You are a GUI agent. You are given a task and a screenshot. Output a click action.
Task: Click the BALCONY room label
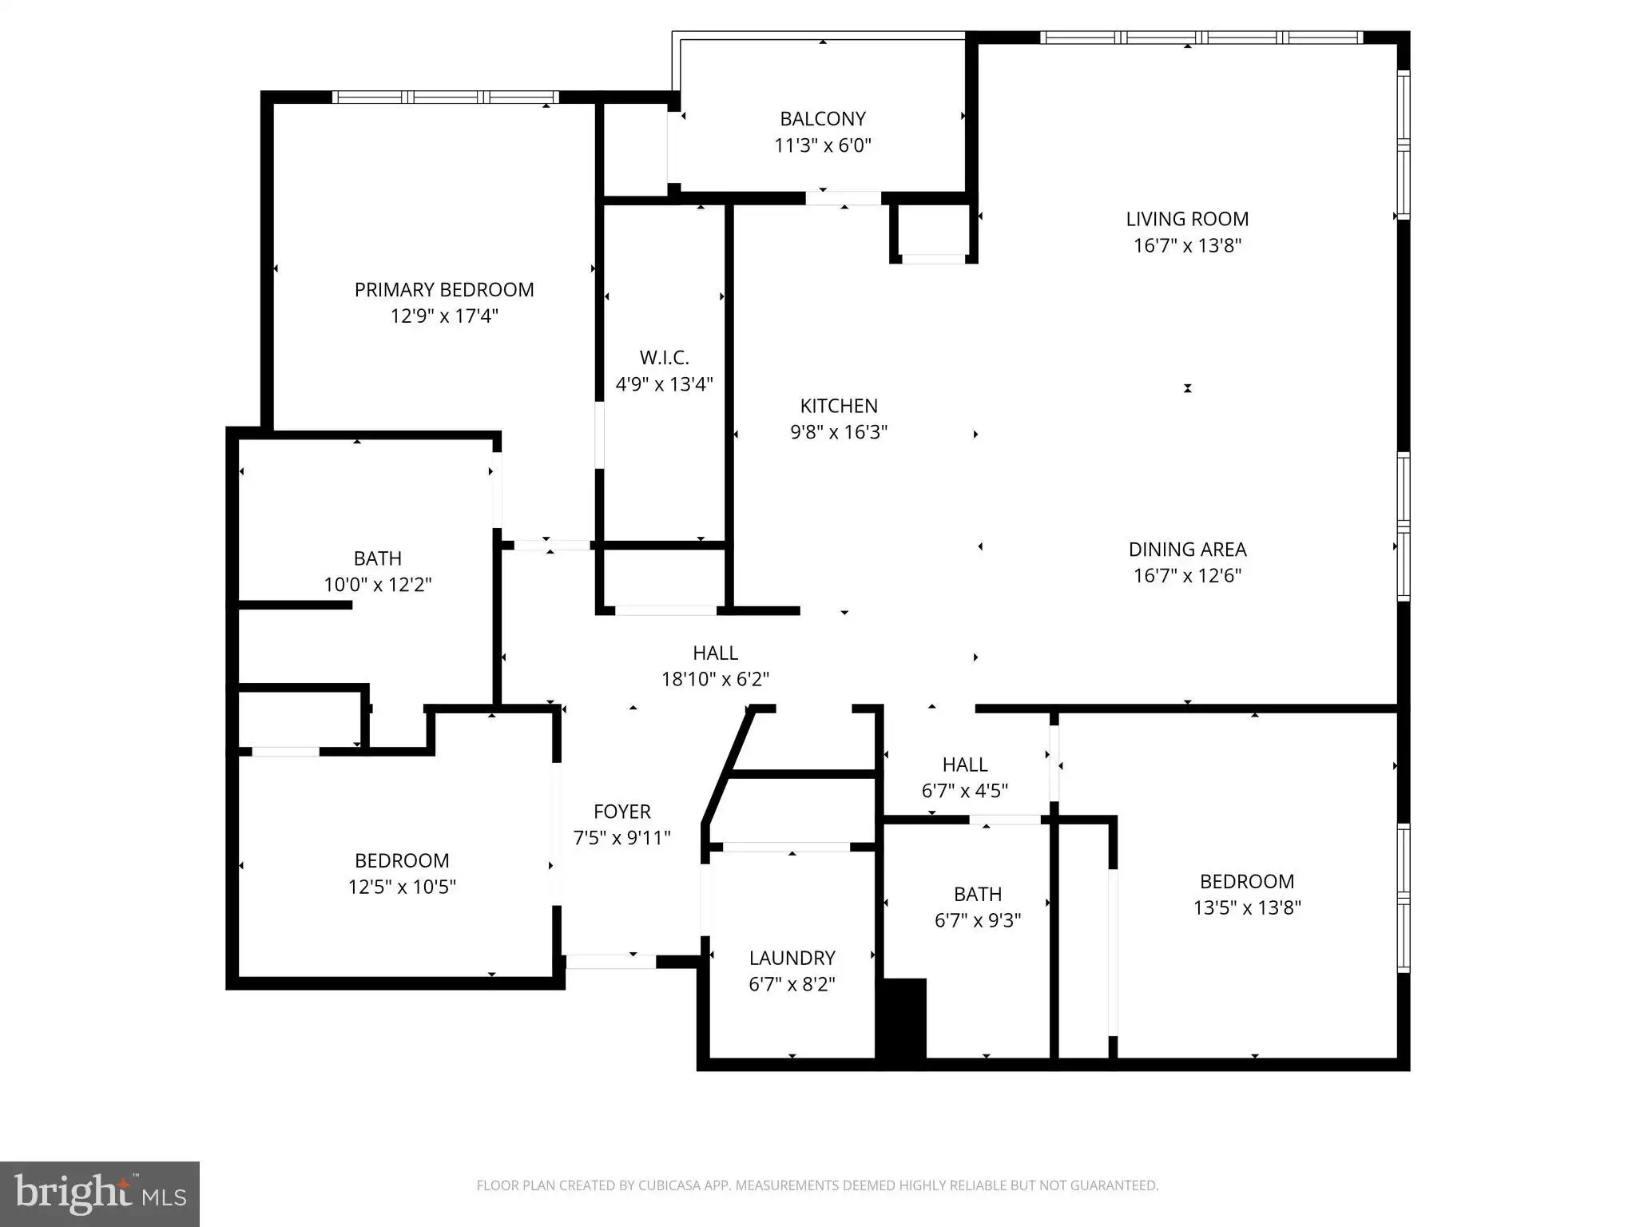click(x=823, y=118)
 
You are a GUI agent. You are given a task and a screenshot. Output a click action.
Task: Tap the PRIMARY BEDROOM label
click(x=444, y=289)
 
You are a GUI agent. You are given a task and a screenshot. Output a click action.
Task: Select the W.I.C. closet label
click(x=664, y=357)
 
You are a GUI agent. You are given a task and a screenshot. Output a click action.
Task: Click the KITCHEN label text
click(x=839, y=405)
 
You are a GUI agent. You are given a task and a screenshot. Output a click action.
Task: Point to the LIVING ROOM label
click(x=1187, y=218)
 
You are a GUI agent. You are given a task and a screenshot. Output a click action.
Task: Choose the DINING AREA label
click(x=1187, y=549)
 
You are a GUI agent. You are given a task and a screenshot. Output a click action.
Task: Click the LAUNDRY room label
click(x=792, y=957)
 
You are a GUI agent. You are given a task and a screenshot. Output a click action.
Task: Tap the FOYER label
click(x=622, y=811)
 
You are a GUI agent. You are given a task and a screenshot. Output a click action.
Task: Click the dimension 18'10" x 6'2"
click(x=715, y=679)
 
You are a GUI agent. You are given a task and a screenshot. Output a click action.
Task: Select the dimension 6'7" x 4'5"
click(x=965, y=791)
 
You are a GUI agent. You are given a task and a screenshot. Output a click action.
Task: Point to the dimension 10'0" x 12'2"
click(x=378, y=585)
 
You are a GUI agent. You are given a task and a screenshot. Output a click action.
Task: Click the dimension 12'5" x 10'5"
click(x=402, y=887)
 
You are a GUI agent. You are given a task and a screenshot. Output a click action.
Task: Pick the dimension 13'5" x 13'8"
click(x=1247, y=907)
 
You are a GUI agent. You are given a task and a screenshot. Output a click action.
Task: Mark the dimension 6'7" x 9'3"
click(x=978, y=920)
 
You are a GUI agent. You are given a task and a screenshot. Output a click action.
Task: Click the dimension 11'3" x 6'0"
click(x=823, y=145)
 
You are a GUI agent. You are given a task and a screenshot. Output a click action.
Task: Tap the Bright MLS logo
click(x=100, y=1193)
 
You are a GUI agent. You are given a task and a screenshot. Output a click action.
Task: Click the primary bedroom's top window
click(x=446, y=97)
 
